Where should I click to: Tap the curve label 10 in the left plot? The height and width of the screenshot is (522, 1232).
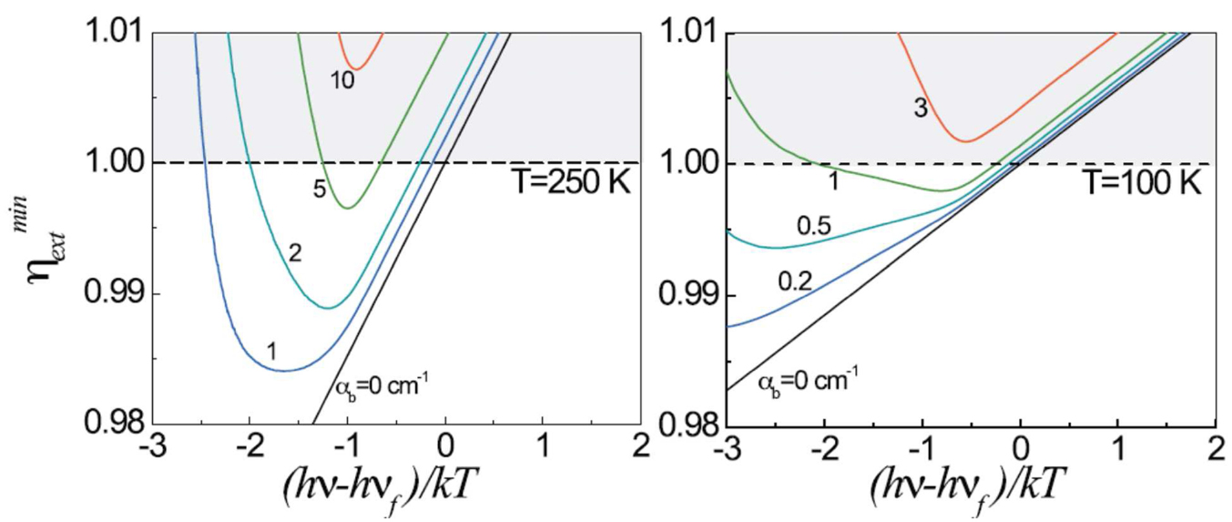pos(341,81)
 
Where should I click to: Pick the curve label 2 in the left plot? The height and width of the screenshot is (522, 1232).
pos(294,253)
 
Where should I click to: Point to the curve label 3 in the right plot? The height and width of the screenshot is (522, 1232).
pos(921,108)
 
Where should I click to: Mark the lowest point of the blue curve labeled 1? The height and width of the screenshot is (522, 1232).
pos(285,371)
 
